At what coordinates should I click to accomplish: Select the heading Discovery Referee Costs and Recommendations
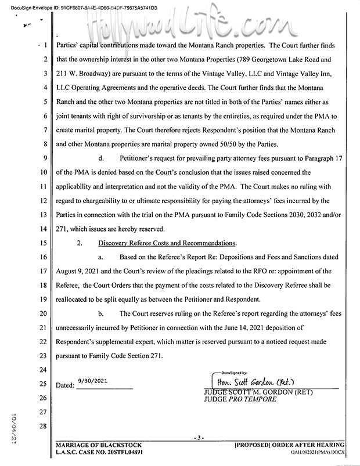click(x=167, y=243)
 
